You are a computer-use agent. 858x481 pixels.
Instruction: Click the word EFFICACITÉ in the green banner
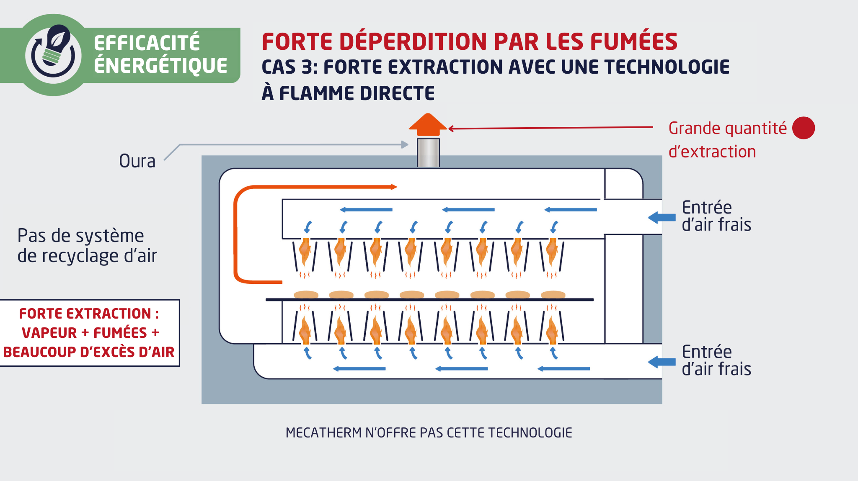[x=147, y=43]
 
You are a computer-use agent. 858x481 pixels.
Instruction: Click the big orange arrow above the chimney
[x=428, y=124]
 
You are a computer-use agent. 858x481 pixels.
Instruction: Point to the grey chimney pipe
[x=428, y=153]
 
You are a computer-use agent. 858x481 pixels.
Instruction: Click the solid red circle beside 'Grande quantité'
[x=803, y=128]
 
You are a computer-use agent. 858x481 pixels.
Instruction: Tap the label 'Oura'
[x=137, y=161]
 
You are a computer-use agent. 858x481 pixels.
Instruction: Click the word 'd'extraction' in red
[x=712, y=152]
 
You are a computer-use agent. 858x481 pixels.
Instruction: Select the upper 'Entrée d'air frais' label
[x=716, y=216]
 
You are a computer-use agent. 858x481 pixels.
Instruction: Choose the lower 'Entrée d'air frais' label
[x=716, y=360]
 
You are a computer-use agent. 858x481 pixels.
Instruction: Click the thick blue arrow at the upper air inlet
[x=662, y=217]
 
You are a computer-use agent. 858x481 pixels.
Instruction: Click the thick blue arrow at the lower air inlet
[x=662, y=362]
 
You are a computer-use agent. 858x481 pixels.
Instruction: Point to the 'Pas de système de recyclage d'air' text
[x=87, y=246]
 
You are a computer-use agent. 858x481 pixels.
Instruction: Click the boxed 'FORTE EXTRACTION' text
[x=88, y=333]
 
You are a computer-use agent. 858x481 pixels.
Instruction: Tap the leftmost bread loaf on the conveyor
[x=306, y=294]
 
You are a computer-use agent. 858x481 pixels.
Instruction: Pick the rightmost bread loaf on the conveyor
[x=553, y=294]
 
